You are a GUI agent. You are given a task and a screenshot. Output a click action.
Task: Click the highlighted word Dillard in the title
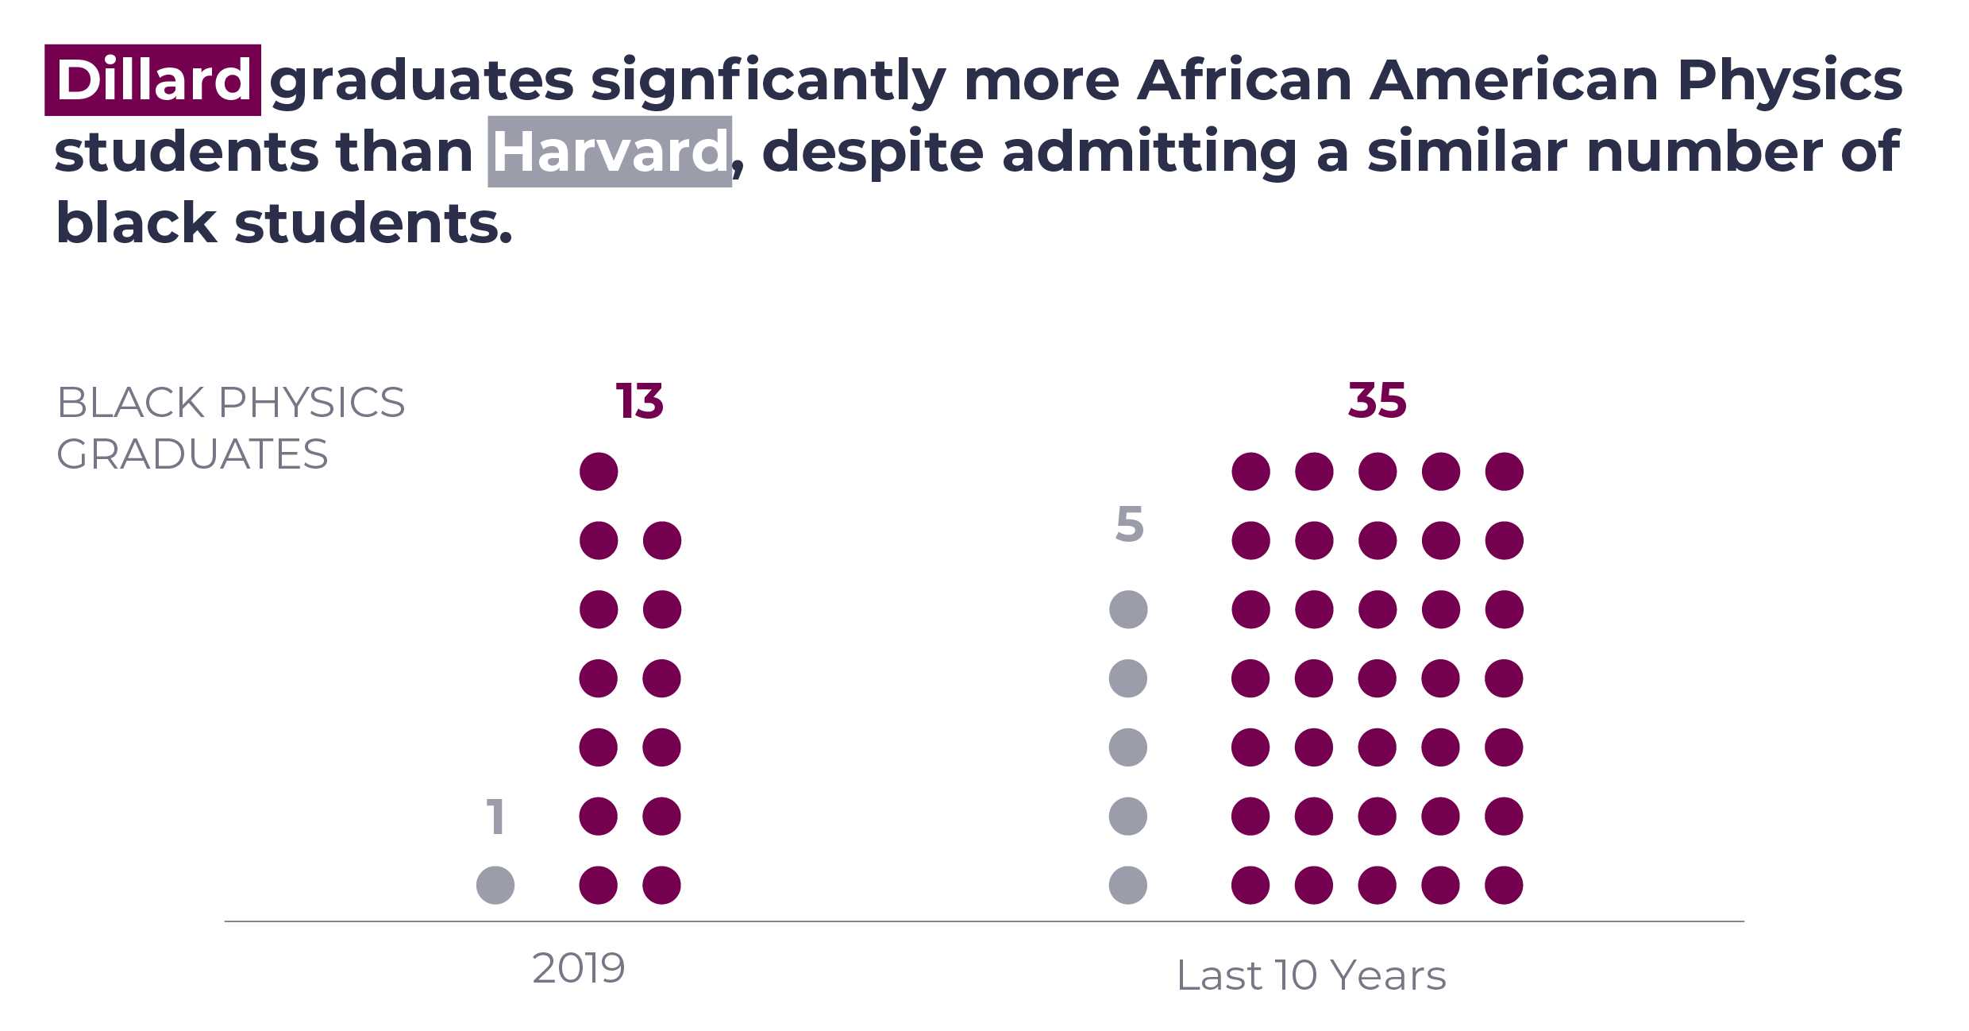(153, 80)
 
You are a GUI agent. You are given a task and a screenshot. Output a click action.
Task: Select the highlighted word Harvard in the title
(610, 151)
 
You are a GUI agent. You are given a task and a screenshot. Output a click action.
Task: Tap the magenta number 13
(640, 401)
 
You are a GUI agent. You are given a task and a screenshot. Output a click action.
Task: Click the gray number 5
(1129, 525)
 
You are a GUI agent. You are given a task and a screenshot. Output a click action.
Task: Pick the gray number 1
(496, 817)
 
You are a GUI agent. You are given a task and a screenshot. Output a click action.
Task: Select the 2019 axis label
(579, 968)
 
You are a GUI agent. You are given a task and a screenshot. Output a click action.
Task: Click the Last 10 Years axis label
(1312, 975)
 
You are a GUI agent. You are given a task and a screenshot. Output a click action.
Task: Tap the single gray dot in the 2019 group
(495, 885)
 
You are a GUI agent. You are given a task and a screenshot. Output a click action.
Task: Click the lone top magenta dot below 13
(599, 472)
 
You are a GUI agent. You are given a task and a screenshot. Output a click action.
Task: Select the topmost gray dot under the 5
(1128, 610)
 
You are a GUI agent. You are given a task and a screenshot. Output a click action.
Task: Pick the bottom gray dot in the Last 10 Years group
(1128, 885)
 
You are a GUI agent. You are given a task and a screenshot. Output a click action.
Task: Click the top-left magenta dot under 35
(1250, 472)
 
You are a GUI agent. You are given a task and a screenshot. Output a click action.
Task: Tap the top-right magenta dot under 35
(1504, 472)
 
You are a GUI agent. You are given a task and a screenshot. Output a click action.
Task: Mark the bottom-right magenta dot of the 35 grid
(1504, 885)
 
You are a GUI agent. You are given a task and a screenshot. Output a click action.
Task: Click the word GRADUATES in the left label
(192, 454)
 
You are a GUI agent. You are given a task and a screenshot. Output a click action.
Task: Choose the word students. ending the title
(373, 223)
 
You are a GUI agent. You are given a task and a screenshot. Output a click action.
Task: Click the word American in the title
(1515, 80)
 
